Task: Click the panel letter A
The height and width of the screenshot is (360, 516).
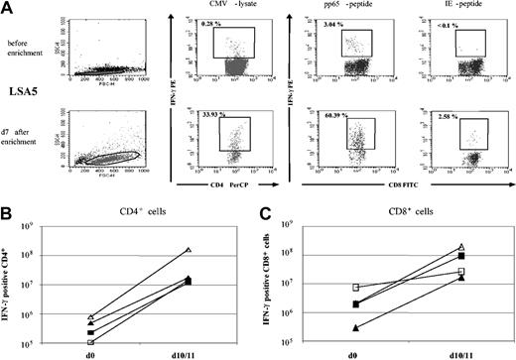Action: click(7, 7)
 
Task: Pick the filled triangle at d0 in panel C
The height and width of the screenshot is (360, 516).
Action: click(328, 326)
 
